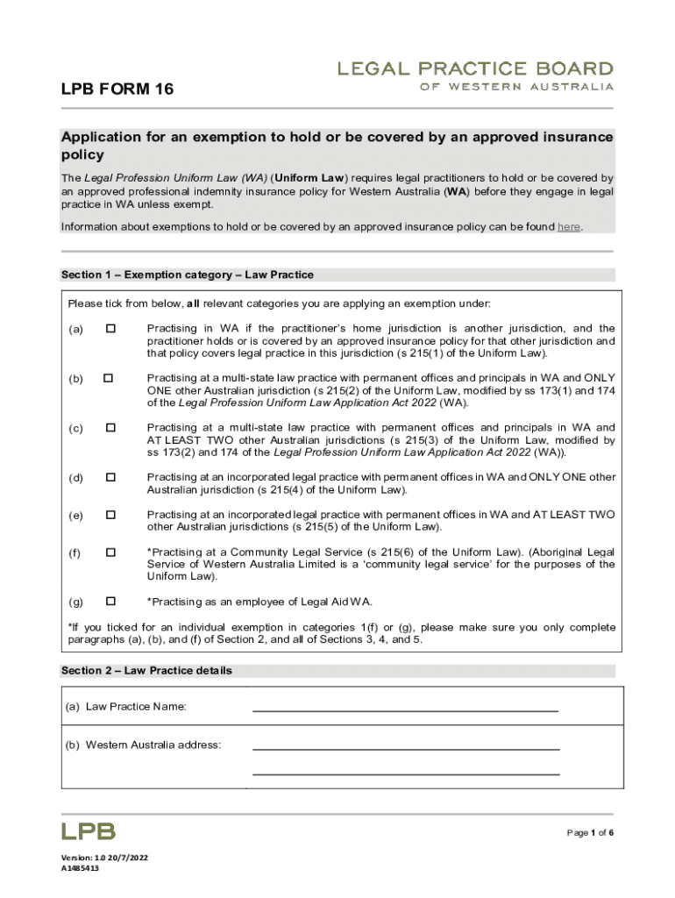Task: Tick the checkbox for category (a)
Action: point(110,329)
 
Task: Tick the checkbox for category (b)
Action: point(109,378)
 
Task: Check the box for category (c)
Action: point(110,428)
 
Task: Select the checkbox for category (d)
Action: point(110,478)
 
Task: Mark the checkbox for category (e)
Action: point(110,515)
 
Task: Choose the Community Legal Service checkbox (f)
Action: point(110,552)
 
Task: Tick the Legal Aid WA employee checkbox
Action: point(110,602)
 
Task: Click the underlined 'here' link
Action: point(569,227)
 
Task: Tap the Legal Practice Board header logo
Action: point(476,75)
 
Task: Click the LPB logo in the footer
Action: point(88,830)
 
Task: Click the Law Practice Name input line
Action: point(405,709)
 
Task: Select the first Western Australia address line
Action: point(405,748)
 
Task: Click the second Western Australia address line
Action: point(405,773)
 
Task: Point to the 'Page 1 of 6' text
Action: point(589,832)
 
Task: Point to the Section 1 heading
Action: point(187,275)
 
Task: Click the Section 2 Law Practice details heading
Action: point(146,671)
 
